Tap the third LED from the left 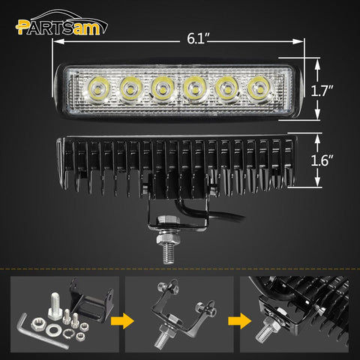point(161,87)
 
